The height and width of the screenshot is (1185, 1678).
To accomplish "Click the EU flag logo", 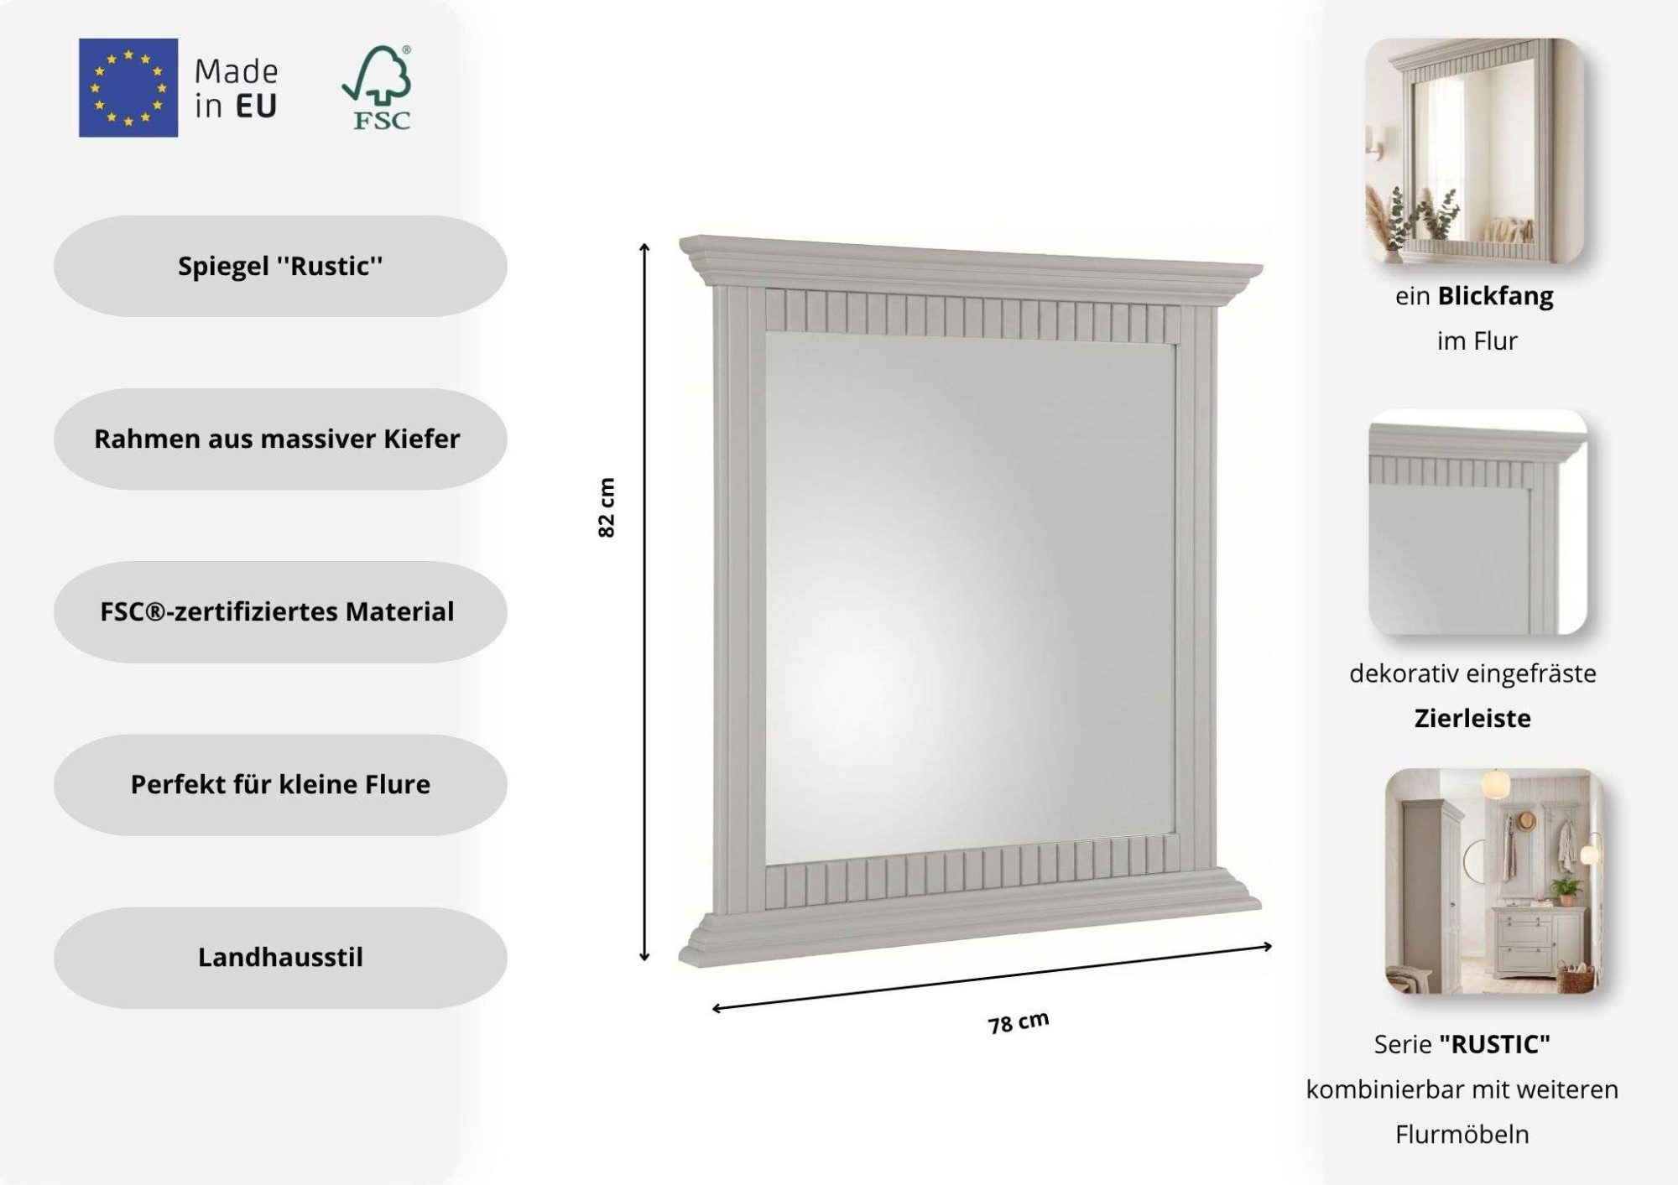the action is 128,87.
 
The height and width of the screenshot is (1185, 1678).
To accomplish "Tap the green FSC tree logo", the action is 378,88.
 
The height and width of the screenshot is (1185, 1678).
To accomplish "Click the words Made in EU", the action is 237,89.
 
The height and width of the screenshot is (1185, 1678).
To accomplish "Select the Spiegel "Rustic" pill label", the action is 280,266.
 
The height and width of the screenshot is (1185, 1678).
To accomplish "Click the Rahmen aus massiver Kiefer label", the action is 280,439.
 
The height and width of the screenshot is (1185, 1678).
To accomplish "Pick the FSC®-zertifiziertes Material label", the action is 280,611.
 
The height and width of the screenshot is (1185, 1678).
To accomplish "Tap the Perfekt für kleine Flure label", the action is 280,784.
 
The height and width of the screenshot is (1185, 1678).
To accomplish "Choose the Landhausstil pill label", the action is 280,957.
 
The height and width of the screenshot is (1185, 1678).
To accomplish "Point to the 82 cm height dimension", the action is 607,508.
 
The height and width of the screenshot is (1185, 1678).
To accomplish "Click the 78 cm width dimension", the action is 1019,1022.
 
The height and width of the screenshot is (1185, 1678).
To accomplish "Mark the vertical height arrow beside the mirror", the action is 644,602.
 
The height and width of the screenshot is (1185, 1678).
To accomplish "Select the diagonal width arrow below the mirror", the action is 992,977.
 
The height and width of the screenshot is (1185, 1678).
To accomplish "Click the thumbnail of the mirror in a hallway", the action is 1474,150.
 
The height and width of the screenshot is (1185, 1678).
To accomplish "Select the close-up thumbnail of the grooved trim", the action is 1477,522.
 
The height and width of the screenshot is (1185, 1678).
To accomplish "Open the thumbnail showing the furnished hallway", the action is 1493,881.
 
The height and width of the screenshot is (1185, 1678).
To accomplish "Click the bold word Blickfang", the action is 1495,296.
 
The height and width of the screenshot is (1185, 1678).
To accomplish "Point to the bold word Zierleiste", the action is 1472,718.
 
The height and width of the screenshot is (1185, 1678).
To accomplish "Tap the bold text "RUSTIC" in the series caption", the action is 1494,1044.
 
